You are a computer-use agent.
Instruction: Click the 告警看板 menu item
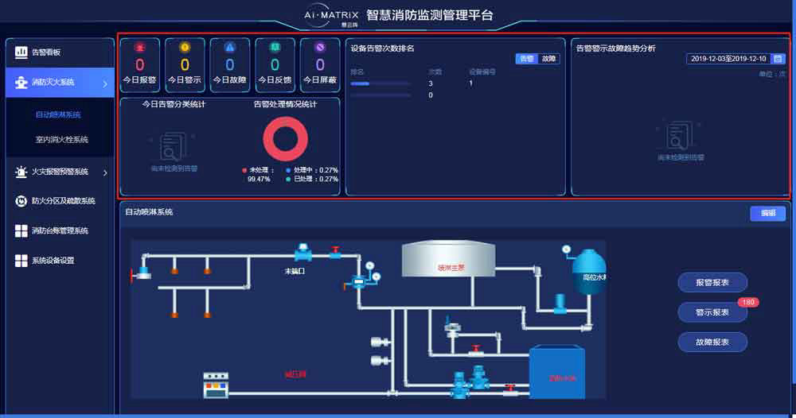pos(46,52)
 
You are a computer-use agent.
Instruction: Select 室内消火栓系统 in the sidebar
pos(61,140)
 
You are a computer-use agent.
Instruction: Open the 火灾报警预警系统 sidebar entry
pos(60,172)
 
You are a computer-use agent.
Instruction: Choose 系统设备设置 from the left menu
pos(53,261)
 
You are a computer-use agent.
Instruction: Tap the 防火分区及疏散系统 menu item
pos(63,201)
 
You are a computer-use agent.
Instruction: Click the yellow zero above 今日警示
pos(185,65)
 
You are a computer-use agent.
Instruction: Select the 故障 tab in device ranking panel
pos(549,59)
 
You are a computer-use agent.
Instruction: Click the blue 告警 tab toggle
pos(527,59)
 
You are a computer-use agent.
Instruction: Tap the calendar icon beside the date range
pos(778,59)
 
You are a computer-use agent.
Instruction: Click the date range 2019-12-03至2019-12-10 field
pos(728,59)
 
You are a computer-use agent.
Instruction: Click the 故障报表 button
pos(712,342)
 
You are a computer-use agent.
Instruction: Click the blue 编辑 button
pos(767,214)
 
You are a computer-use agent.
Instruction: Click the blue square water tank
pos(557,370)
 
